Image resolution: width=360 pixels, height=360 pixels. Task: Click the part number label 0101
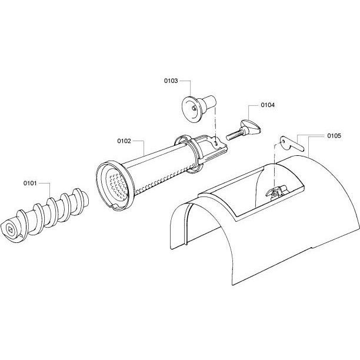[30, 183]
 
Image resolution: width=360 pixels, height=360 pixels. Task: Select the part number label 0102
[124, 141]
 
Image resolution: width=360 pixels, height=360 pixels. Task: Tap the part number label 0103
[171, 81]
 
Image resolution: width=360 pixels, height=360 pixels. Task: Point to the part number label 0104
[268, 105]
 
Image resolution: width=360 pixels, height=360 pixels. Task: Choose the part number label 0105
[334, 136]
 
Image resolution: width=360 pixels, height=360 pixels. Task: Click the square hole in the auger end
[11, 229]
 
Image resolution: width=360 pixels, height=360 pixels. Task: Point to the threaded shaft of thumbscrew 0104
[234, 135]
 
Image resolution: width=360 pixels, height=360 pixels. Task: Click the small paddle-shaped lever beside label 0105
[291, 144]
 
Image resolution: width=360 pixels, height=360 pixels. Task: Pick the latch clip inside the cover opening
[276, 191]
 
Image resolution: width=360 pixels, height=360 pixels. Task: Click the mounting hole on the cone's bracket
[216, 144]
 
